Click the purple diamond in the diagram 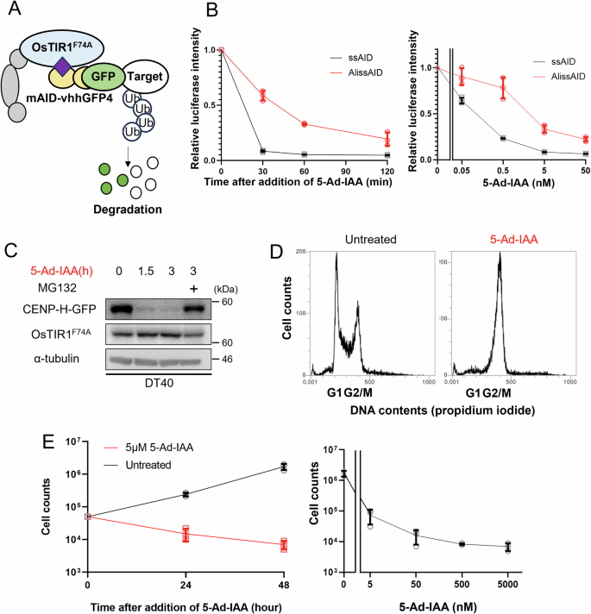pos(61,64)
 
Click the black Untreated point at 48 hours pos(283,467)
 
